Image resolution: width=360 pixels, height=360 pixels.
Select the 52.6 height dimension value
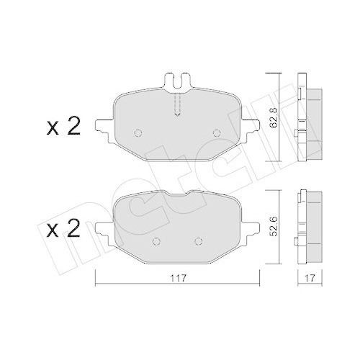274,225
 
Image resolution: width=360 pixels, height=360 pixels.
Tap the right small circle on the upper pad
215,132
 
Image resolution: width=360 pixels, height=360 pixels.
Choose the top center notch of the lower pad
178,196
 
